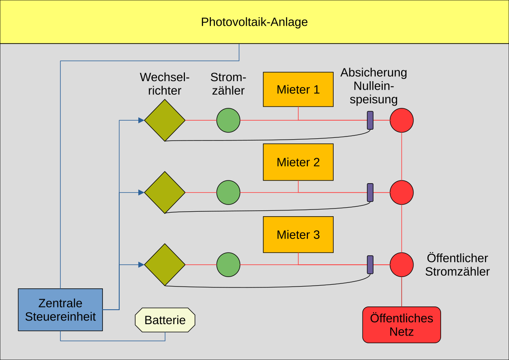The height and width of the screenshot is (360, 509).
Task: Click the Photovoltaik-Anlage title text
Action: click(254, 22)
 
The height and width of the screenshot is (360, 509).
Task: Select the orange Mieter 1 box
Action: click(298, 89)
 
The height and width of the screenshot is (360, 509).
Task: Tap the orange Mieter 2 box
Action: click(298, 162)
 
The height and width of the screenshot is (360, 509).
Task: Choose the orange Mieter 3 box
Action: click(298, 234)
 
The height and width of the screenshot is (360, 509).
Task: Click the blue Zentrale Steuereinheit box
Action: click(60, 310)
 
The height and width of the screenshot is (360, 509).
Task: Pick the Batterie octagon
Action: click(165, 320)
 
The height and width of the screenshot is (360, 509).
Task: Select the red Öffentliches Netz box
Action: click(402, 325)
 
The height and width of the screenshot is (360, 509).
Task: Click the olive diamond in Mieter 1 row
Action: click(165, 120)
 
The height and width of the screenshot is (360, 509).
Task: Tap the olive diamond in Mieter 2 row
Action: click(165, 192)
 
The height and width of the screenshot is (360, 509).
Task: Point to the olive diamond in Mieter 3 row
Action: click(165, 265)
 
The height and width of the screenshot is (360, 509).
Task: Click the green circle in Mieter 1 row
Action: click(228, 120)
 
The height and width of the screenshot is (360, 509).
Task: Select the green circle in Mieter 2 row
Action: click(228, 192)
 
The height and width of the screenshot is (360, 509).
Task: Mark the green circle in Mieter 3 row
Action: click(228, 265)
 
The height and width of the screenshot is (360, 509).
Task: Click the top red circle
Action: click(402, 120)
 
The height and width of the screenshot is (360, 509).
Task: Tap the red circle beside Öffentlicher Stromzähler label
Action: click(402, 264)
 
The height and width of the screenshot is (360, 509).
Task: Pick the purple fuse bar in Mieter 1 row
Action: click(370, 120)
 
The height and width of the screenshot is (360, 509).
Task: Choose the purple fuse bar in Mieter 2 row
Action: click(370, 192)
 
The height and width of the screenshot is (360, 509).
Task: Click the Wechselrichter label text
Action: click(165, 83)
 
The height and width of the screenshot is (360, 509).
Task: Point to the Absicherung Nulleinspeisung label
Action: click(374, 86)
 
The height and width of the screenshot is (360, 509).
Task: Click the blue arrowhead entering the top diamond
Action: click(141, 120)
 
